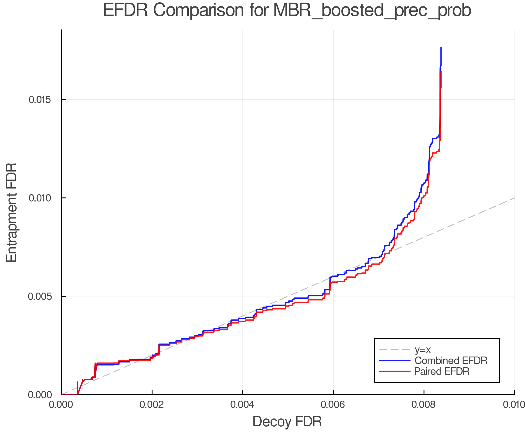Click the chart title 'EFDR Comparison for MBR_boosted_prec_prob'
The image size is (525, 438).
coord(287,11)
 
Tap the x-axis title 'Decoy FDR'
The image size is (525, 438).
coord(287,422)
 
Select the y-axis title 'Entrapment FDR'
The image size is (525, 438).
coord(12,213)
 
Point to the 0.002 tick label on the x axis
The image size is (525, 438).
coord(152,404)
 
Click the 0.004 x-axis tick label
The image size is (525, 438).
coord(242,404)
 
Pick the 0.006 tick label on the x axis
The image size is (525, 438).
coord(333,404)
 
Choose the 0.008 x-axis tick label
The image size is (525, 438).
coord(424,404)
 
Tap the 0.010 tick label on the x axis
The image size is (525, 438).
coord(514,404)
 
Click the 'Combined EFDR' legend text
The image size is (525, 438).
coord(451,361)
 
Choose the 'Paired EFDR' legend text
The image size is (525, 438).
coord(442,371)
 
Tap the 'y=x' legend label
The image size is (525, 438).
coord(423,350)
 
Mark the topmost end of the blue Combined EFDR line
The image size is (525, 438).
coord(441,47)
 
